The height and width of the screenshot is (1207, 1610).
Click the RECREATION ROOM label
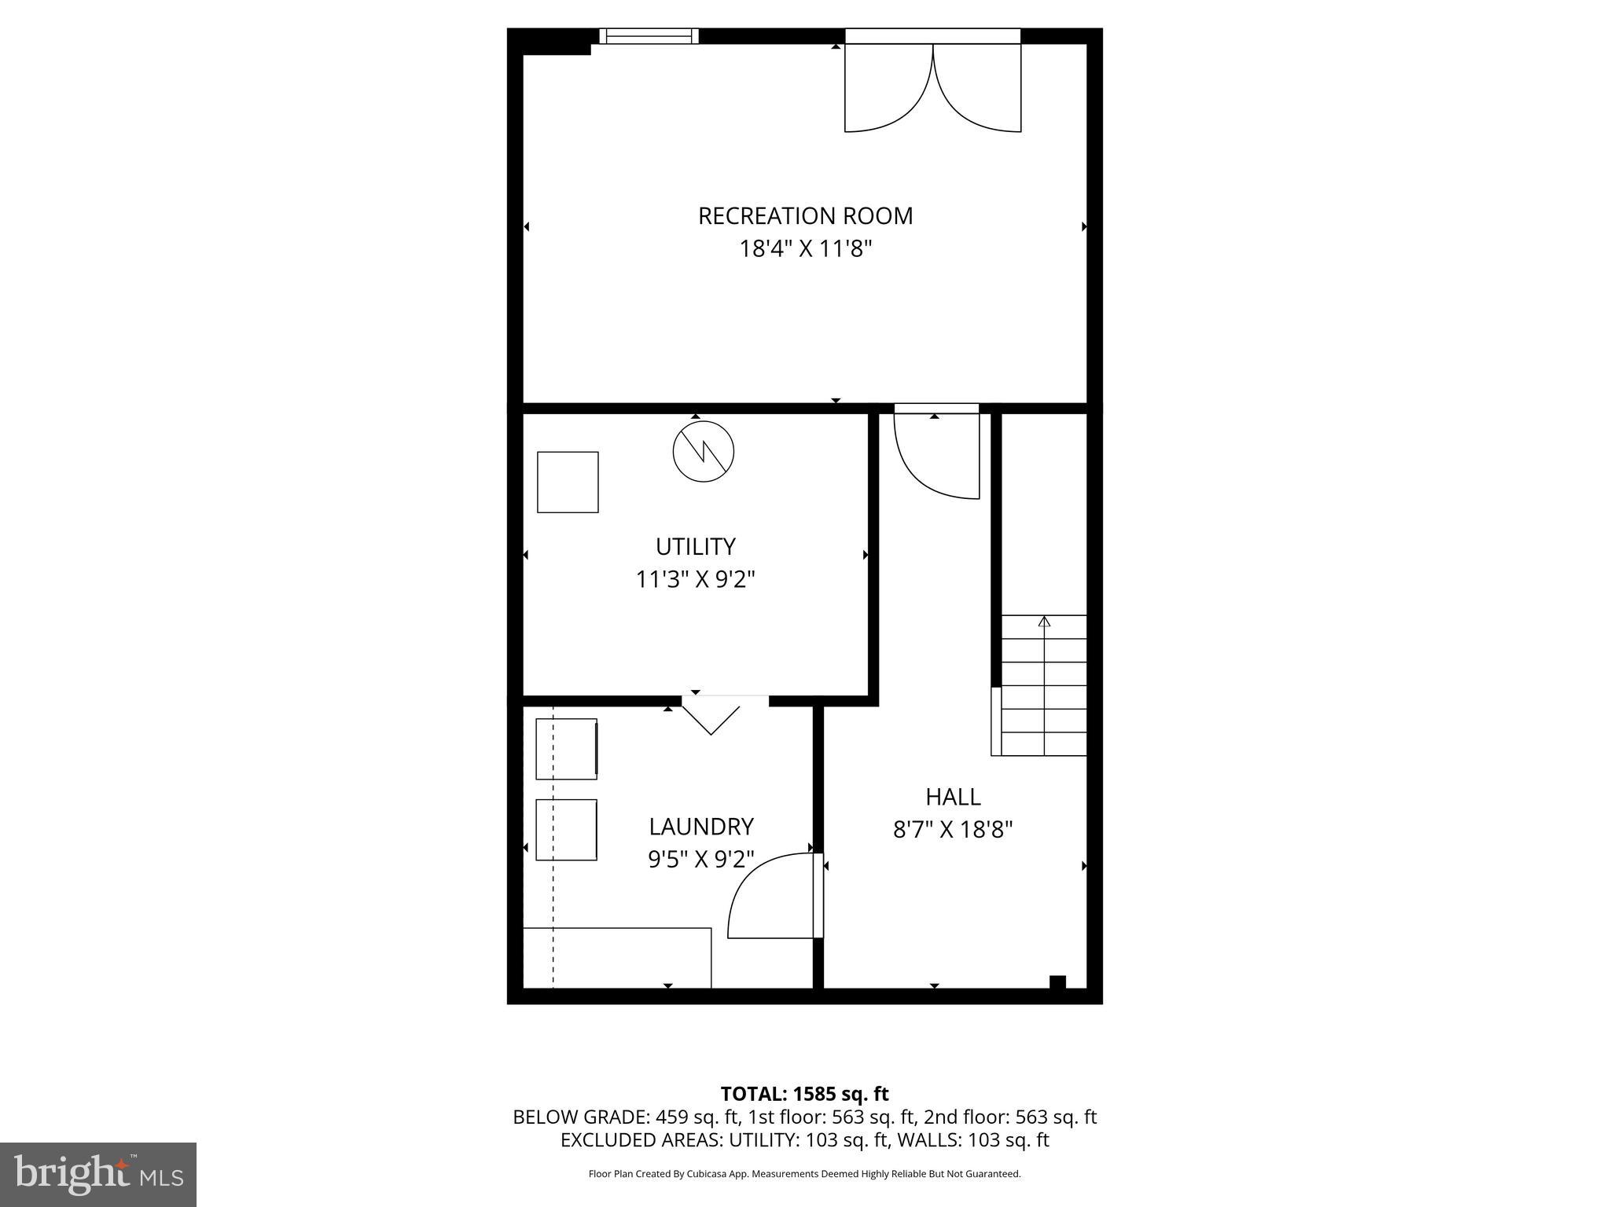coord(805,215)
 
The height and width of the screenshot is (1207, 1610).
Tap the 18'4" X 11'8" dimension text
coord(805,249)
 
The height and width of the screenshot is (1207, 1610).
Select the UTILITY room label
coord(695,546)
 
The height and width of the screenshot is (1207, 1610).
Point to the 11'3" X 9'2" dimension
coord(695,580)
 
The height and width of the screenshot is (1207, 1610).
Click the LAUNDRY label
coord(700,827)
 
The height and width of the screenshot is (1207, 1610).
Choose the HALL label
coord(953,797)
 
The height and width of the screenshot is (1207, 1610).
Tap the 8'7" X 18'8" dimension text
coord(953,830)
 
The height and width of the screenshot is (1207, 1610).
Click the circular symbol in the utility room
coord(703,452)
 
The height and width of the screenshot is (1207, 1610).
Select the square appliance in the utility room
coord(568,482)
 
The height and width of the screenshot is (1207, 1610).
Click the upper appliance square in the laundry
coord(566,749)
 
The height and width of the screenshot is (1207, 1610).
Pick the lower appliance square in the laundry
coord(566,830)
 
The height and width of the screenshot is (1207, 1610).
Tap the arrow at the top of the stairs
coord(1044,622)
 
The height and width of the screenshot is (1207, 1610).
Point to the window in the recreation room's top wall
coord(649,36)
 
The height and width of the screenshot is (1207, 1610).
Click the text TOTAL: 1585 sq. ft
coord(804,1094)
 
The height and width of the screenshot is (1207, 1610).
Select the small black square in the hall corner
coord(1057,981)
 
